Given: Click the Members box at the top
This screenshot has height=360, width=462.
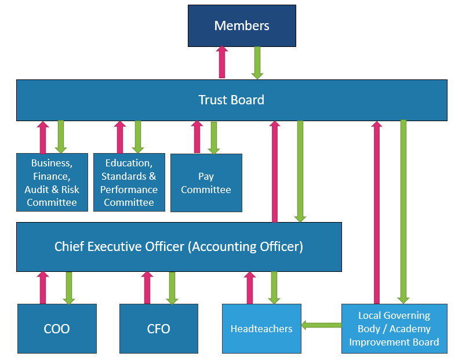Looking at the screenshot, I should tap(242, 26).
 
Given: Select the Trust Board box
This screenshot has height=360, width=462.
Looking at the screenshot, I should tap(231, 100).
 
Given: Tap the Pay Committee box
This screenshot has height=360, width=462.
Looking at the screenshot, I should tap(206, 183).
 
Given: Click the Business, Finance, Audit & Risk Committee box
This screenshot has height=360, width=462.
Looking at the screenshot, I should tap(52, 183).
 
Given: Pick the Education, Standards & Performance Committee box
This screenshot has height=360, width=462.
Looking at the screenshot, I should tap(129, 183).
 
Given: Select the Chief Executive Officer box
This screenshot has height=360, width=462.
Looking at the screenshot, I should tap(179, 246).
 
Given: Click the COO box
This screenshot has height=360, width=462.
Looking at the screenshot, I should tap(57, 329).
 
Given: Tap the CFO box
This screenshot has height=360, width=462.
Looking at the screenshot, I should tap(158, 329).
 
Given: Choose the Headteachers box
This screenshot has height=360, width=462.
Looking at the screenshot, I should tap(261, 329).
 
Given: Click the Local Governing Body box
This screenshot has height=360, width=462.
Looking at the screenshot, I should tap(394, 329).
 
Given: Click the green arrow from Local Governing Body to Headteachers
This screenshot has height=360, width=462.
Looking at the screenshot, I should tap(321, 325).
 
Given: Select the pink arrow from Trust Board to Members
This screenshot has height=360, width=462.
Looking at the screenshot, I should tap(222, 62).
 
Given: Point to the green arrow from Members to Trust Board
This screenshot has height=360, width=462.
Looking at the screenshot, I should tap(257, 62).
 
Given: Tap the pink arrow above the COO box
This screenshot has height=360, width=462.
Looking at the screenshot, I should tap(43, 288).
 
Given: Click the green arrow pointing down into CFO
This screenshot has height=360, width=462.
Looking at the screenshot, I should tap(172, 288).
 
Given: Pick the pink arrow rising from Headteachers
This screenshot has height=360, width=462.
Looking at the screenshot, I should tap(250, 288).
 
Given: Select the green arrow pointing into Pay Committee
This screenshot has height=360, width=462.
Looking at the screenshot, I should tap(214, 138).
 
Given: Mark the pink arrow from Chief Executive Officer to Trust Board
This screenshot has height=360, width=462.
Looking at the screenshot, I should tap(275, 172).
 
